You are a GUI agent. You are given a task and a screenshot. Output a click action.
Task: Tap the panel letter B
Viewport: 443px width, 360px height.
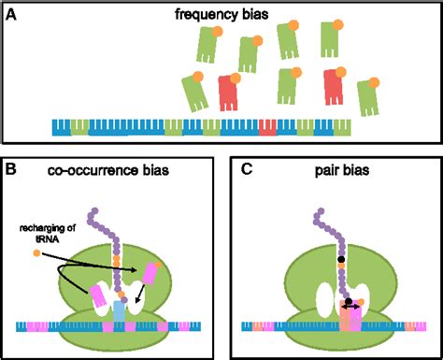point(12,170)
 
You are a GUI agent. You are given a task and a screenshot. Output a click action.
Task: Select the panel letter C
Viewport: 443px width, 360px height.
point(245,170)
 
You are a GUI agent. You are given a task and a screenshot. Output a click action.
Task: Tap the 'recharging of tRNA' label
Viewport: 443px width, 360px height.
point(40,230)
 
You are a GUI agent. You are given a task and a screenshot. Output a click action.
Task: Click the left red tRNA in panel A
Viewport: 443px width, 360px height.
point(229,94)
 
